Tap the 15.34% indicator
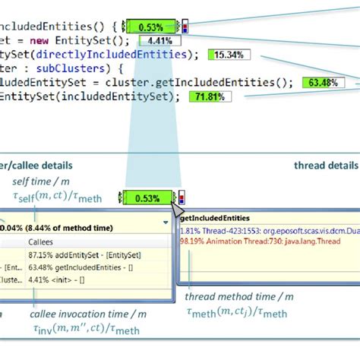pos(228,55)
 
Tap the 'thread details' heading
pos(325,164)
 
